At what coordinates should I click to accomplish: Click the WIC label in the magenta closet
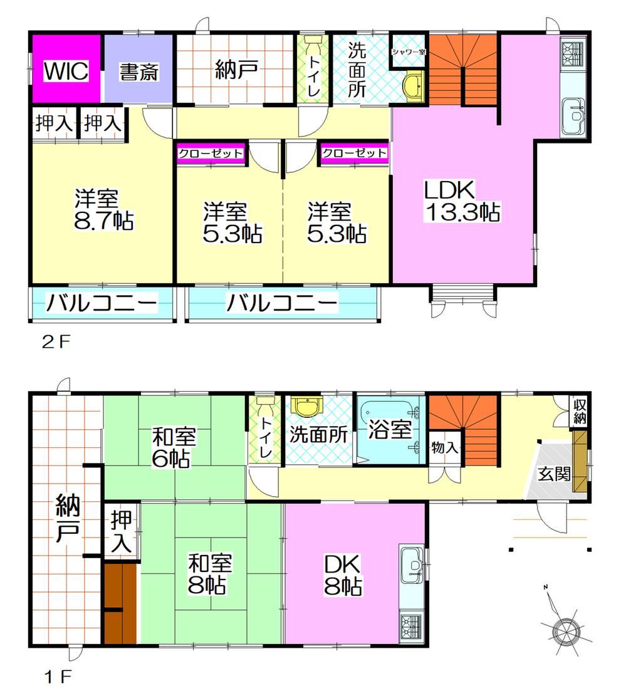point(66,71)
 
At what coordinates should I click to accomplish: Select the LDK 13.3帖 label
point(462,201)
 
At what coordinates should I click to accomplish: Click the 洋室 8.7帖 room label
point(103,209)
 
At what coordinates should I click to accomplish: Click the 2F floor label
point(56,342)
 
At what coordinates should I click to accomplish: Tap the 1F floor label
point(58,676)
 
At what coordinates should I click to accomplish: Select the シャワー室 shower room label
point(409,51)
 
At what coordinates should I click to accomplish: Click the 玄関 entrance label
point(554,474)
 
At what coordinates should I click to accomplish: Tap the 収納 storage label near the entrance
point(580,412)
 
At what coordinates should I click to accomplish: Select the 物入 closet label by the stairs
point(445,448)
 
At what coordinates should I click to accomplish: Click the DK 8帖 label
point(343,574)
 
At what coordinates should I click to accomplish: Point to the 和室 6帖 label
point(172,447)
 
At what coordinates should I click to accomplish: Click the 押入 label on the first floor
point(121,531)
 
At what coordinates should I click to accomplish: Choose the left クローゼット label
point(211,153)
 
